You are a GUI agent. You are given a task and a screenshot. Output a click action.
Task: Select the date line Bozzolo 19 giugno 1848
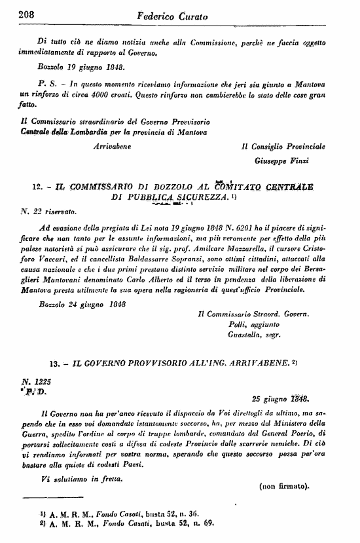click(81, 67)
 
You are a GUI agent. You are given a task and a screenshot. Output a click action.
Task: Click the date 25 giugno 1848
click(280, 398)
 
